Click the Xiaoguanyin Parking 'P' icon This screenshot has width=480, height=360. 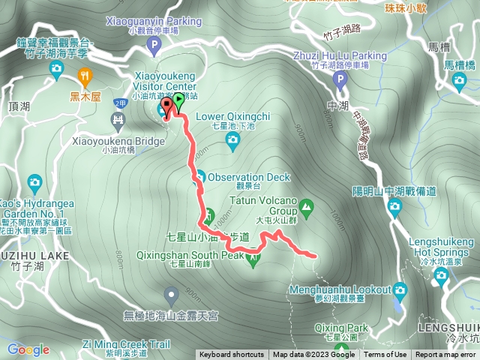[154, 46]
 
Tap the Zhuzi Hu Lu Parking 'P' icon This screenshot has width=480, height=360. [340, 80]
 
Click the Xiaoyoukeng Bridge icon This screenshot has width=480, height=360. [118, 118]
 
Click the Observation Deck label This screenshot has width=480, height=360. [248, 177]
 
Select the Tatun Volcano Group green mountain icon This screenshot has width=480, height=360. [306, 205]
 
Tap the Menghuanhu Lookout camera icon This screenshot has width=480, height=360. [400, 289]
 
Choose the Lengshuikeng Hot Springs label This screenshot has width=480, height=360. [442, 247]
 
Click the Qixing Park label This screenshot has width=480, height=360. [342, 328]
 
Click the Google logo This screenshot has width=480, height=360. [28, 349]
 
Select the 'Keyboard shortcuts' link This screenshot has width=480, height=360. [232, 355]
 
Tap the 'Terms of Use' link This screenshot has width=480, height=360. [386, 355]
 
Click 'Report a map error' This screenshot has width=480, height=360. [445, 355]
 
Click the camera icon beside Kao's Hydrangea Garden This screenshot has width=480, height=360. [34, 182]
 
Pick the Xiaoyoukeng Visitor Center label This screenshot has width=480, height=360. [163, 80]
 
